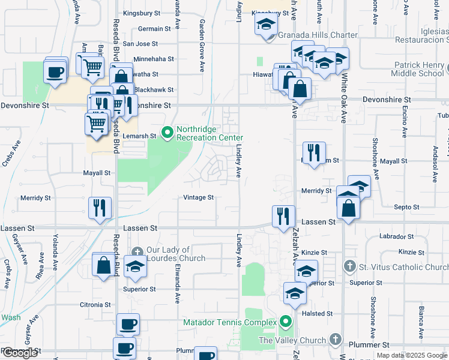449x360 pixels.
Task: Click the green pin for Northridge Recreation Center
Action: (x=167, y=131)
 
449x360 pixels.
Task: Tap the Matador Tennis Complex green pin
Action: (x=286, y=322)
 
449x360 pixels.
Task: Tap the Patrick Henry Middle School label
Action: (x=419, y=69)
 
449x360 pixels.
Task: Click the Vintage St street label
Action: (x=198, y=197)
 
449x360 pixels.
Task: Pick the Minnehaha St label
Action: (x=153, y=59)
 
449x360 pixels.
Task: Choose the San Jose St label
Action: (x=140, y=44)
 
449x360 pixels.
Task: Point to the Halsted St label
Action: (x=317, y=314)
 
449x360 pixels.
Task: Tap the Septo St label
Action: (x=406, y=207)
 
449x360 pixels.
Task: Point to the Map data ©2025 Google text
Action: (x=411, y=355)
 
